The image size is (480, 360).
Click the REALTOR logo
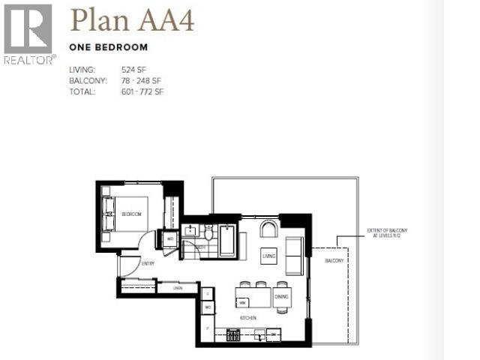coord(28,33)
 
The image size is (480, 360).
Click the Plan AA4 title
coord(132,19)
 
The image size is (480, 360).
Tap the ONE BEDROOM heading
coord(108,46)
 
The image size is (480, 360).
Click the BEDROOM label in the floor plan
coord(131,214)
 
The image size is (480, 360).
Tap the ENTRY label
coord(148,262)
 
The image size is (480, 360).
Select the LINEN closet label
coord(178,288)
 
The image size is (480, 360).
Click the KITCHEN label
coord(248,318)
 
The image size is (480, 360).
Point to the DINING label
coord(281,297)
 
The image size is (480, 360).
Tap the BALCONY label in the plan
coord(334,260)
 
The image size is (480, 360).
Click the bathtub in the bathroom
coord(227,241)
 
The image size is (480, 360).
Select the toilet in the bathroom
coord(209,232)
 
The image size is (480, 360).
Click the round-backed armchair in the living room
coord(268,228)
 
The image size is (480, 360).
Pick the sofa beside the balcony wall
coord(295,255)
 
